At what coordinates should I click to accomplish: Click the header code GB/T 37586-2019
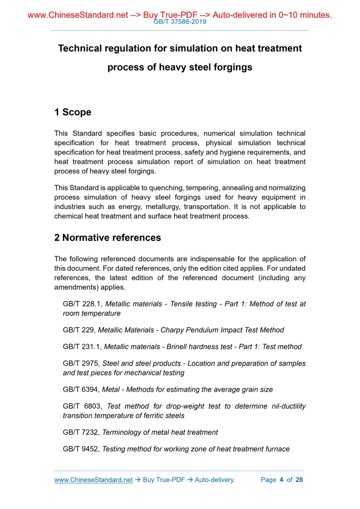coord(180,22)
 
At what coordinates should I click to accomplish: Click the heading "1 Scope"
coord(73,112)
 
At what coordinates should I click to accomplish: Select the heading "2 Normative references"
coord(108,238)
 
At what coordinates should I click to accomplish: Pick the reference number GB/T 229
coord(78,330)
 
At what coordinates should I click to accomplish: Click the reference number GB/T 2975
coord(81,364)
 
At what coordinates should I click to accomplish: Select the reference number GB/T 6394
coord(81,390)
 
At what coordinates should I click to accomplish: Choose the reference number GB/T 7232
coord(81,432)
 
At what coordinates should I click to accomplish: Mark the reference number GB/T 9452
coord(81,449)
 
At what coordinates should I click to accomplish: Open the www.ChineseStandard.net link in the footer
coord(94,480)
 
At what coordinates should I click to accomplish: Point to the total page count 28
coord(299,480)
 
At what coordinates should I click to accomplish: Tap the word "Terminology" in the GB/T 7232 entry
coord(123,432)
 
